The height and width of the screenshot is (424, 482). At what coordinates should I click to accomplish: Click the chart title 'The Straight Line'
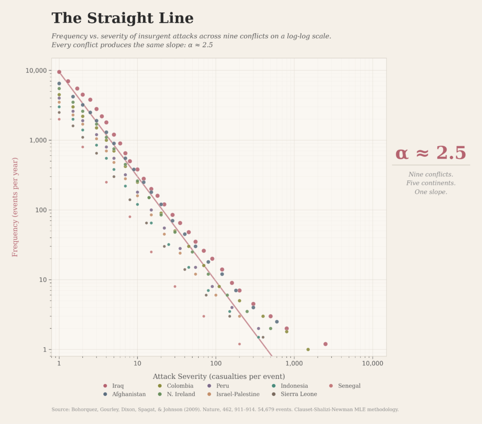click(x=122, y=18)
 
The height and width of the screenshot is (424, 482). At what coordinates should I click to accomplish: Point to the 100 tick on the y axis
click(x=40, y=210)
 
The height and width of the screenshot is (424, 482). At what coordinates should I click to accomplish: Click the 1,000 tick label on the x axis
click(x=294, y=363)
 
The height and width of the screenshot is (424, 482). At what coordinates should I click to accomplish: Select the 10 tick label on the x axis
click(x=137, y=363)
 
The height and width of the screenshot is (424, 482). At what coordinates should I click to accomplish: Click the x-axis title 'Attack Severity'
click(x=218, y=376)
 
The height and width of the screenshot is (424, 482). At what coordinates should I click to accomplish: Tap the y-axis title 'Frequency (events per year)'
click(x=15, y=207)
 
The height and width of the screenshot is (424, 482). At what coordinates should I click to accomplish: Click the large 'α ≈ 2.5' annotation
click(x=431, y=153)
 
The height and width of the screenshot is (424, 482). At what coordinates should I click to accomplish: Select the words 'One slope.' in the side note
click(x=431, y=192)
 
